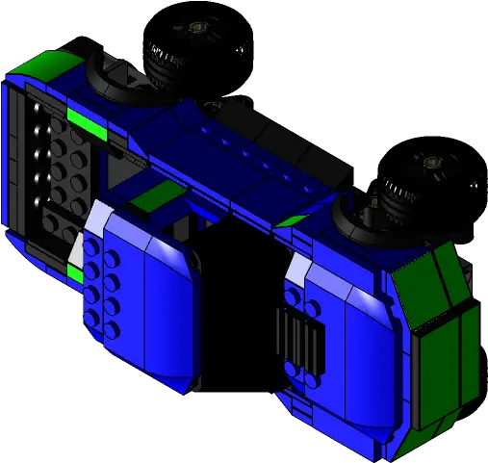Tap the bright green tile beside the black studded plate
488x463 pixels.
pos(85,120)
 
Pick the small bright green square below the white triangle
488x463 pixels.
pos(74,274)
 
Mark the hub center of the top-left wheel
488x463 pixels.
pos(198,29)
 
